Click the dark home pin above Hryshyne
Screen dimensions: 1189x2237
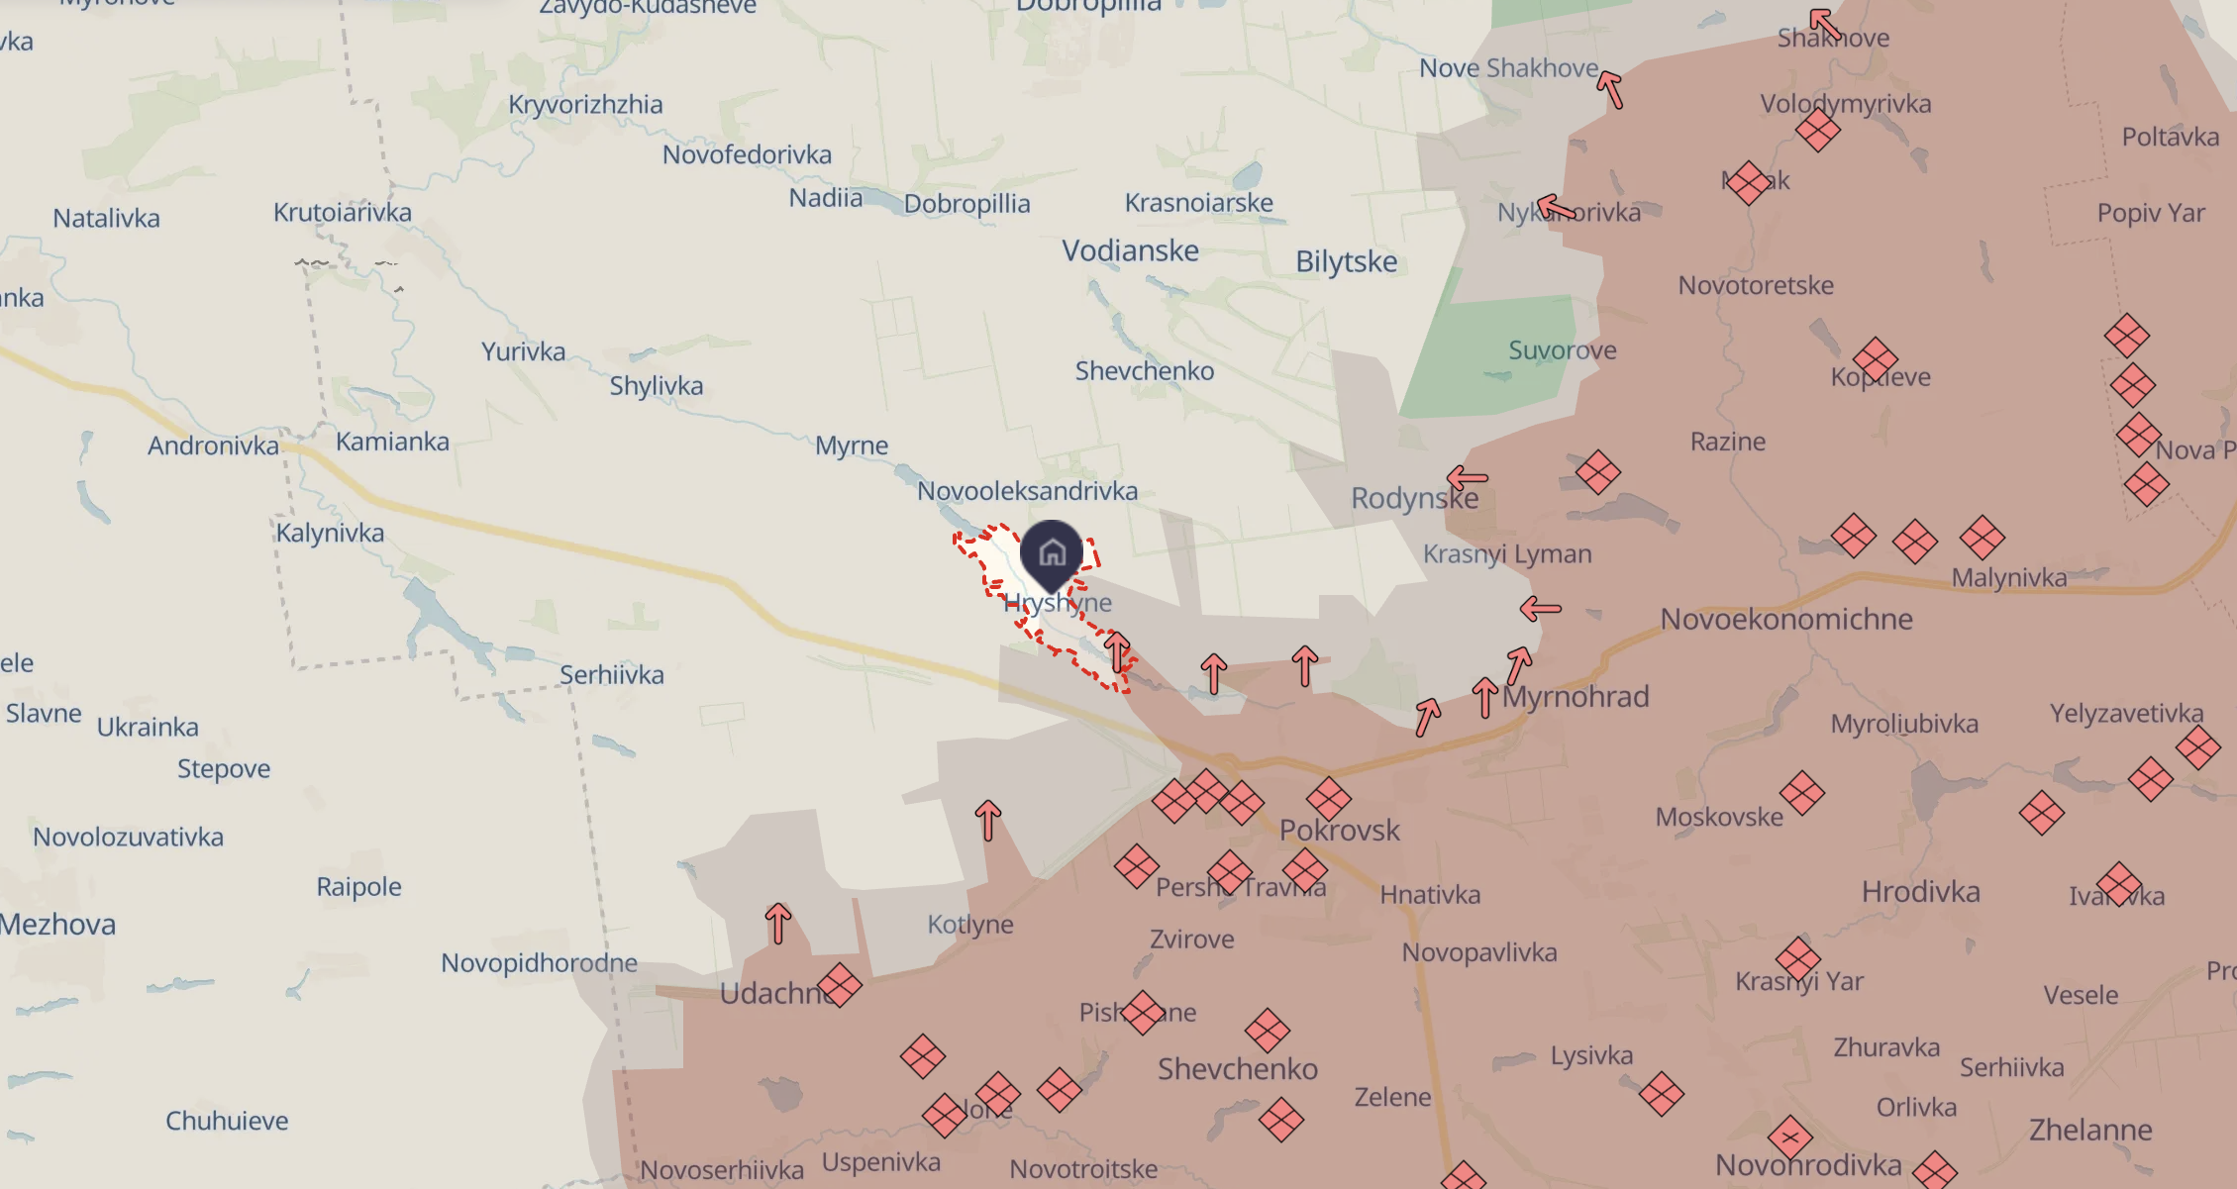coord(1052,551)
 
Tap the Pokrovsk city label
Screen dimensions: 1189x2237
coord(1339,830)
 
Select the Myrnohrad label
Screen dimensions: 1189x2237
coord(1576,697)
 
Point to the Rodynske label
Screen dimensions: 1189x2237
coord(1414,498)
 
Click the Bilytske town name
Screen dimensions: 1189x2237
coord(1346,261)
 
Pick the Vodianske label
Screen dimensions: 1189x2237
coord(1130,250)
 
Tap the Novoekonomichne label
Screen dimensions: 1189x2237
coord(1785,619)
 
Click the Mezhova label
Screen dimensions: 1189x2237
coord(57,925)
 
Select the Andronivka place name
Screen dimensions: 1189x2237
coord(213,446)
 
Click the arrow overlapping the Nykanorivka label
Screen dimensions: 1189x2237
coord(1556,207)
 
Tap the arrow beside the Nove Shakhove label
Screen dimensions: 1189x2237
coord(1610,89)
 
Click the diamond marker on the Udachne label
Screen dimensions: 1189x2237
coord(840,985)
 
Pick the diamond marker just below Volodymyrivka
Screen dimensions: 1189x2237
coord(1817,130)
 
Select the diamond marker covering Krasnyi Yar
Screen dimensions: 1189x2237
coord(1797,958)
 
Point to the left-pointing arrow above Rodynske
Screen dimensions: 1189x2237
coord(1468,479)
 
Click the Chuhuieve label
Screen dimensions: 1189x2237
coord(227,1121)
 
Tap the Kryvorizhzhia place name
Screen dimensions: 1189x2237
coord(585,105)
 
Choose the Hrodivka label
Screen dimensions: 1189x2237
coord(1920,892)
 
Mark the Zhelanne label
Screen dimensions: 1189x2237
coord(2089,1130)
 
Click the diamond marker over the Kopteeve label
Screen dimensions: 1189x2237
coord(1875,359)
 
